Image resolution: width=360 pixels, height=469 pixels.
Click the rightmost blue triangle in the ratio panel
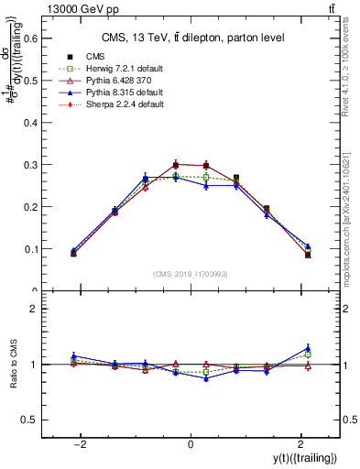point(308,348)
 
